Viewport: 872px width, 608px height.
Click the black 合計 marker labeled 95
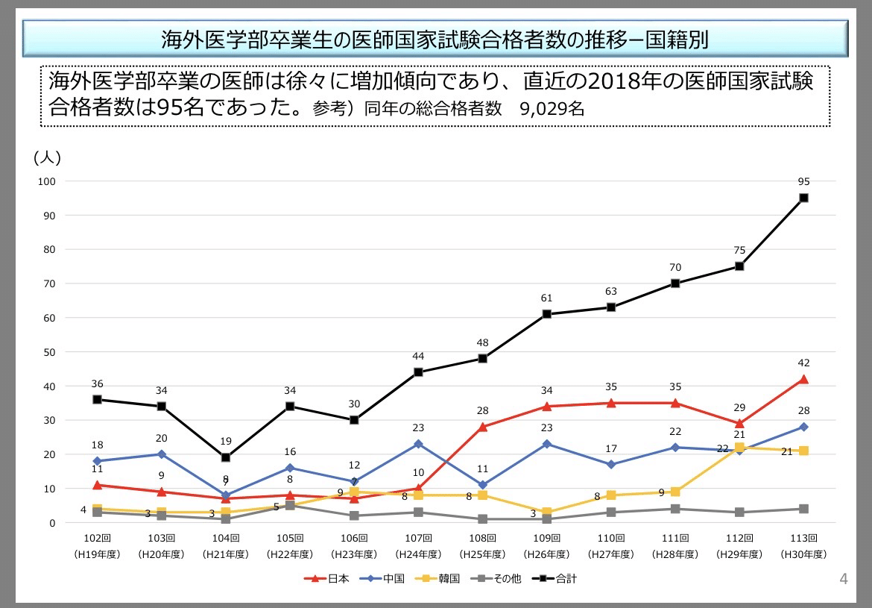(803, 198)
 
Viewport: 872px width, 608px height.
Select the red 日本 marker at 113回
(803, 379)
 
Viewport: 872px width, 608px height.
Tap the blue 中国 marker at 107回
(418, 444)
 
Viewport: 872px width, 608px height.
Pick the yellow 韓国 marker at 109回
(547, 513)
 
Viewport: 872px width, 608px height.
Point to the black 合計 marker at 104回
(226, 457)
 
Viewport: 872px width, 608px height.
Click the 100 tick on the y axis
(46, 181)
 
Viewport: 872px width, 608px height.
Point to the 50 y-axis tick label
(48, 352)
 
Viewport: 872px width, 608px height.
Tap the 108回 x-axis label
(482, 538)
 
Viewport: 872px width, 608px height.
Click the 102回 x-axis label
(97, 538)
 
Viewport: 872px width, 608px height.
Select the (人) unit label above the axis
(47, 157)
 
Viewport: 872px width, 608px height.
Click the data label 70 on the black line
(675, 267)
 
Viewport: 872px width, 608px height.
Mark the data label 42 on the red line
(803, 363)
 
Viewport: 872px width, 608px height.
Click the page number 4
(844, 579)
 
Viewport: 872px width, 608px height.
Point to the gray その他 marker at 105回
(290, 506)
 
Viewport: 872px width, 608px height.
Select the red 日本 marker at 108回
(482, 427)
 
